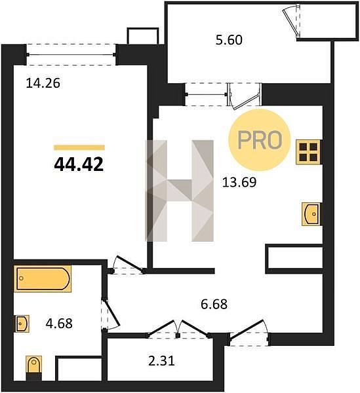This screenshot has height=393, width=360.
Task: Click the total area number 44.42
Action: [79, 164]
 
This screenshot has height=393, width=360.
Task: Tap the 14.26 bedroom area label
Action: [43, 83]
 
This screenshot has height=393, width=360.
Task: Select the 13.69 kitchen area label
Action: [239, 182]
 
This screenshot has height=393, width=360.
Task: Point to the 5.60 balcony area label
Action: [229, 40]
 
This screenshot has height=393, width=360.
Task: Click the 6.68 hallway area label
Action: [214, 305]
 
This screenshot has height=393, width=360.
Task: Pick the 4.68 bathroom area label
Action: [59, 324]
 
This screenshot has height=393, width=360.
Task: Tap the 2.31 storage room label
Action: [161, 362]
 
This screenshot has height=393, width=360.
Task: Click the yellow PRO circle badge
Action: [260, 140]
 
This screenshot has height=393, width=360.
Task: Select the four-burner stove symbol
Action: [308, 152]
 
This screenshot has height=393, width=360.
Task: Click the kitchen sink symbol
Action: [311, 214]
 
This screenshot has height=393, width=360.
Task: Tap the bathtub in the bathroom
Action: [43, 279]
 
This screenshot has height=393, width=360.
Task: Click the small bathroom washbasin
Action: [22, 324]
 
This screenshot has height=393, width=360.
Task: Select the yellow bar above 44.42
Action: [79, 147]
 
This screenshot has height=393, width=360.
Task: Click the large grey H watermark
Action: [180, 191]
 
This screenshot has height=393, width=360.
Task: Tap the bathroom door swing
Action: [110, 314]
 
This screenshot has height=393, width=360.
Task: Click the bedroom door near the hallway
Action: [128, 265]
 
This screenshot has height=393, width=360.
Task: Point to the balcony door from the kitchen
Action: [245, 96]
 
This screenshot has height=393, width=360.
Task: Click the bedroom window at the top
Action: [71, 54]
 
